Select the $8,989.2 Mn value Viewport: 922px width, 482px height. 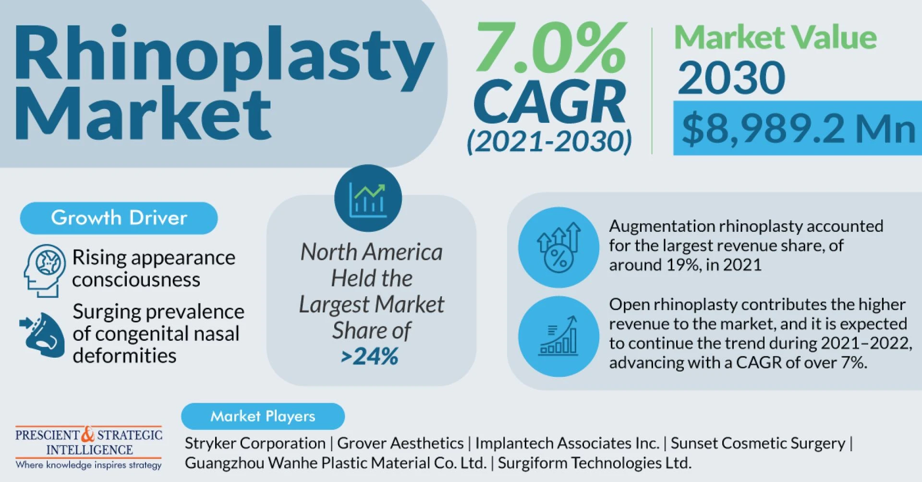798,129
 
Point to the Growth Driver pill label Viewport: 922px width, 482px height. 119,218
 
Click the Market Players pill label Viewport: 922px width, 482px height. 263,416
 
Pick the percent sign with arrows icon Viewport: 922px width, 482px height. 558,248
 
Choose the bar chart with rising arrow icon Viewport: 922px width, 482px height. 558,336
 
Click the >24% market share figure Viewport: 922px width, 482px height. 370,357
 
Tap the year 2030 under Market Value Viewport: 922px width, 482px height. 731,78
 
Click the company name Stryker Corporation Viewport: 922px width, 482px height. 255,443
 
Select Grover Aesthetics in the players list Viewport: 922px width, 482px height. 400,443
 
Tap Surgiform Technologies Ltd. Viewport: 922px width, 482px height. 594,463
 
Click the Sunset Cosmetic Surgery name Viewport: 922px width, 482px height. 758,443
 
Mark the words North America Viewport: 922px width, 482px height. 371,252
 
